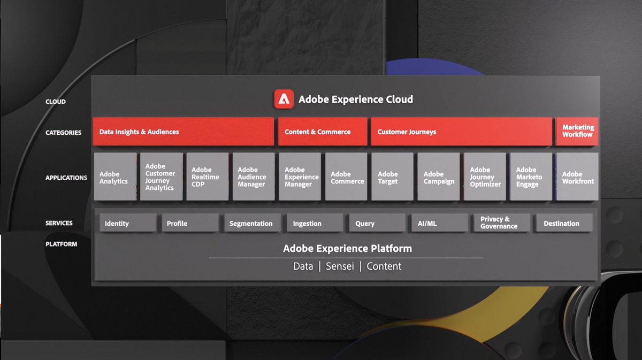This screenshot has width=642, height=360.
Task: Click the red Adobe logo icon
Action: point(284,99)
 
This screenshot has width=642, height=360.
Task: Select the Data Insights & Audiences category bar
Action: point(183,132)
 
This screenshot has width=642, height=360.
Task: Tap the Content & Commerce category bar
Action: point(322,132)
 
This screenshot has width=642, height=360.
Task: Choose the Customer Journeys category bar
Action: point(461,132)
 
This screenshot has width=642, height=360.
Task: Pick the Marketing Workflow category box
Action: point(577,131)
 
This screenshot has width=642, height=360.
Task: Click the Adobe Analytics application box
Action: point(115,177)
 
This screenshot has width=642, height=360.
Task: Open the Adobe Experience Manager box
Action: point(300,177)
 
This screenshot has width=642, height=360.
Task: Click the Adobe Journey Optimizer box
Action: point(485,177)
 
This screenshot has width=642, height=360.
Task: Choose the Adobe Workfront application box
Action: point(577,177)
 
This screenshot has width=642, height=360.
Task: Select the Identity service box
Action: point(127,223)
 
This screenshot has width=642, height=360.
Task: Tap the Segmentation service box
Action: point(250,223)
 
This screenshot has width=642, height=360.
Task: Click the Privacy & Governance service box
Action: point(501,223)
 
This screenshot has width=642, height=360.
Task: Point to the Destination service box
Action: point(563,223)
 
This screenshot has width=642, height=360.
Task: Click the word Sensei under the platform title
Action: point(339,266)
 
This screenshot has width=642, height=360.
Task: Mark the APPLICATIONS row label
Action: point(66,178)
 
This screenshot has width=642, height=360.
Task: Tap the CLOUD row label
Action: point(56,102)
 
